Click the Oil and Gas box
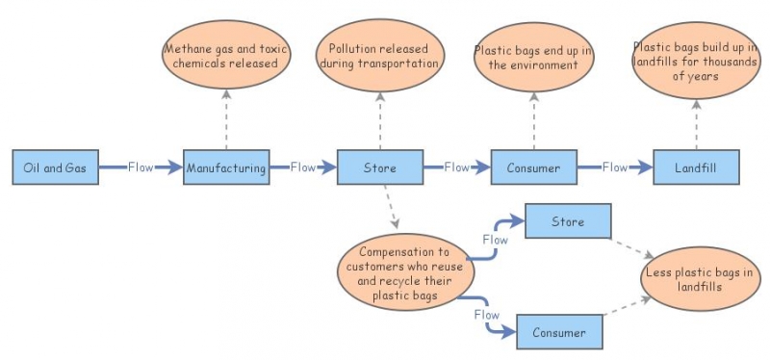[x=55, y=167]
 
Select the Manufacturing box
[x=225, y=167]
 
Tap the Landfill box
[x=696, y=167]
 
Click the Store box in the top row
[x=379, y=167]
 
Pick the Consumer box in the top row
[x=533, y=167]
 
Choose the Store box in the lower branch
[x=568, y=221]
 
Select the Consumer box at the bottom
[x=559, y=332]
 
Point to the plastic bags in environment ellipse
[x=533, y=57]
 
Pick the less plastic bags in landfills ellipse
[x=700, y=280]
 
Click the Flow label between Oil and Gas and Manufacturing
[x=141, y=167]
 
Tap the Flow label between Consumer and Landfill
[x=615, y=167]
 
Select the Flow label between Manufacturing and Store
[x=302, y=167]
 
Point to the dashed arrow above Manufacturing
[x=226, y=118]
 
